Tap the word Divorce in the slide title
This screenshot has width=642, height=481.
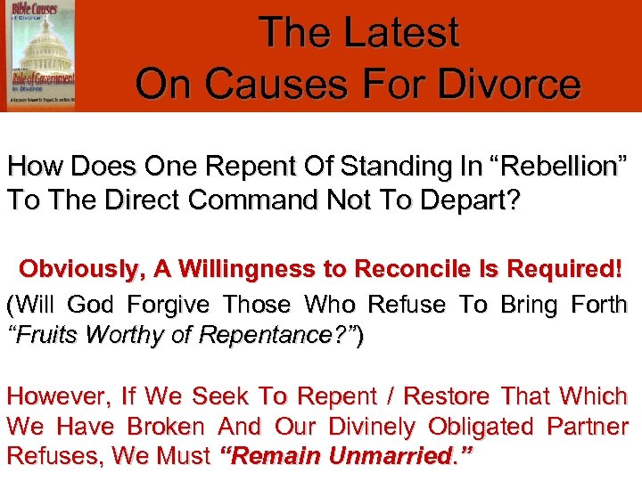pos(508,84)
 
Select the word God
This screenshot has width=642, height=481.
pos(91,305)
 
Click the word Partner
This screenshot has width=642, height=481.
pos(583,427)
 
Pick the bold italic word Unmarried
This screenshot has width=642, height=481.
pos(396,457)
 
